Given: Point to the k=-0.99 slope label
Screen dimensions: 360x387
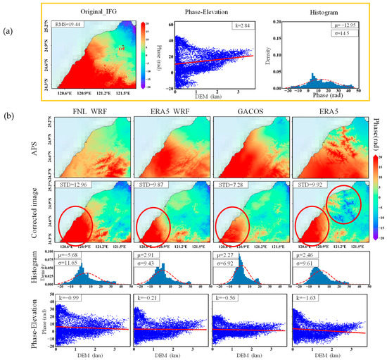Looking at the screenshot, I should [x=69, y=298].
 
